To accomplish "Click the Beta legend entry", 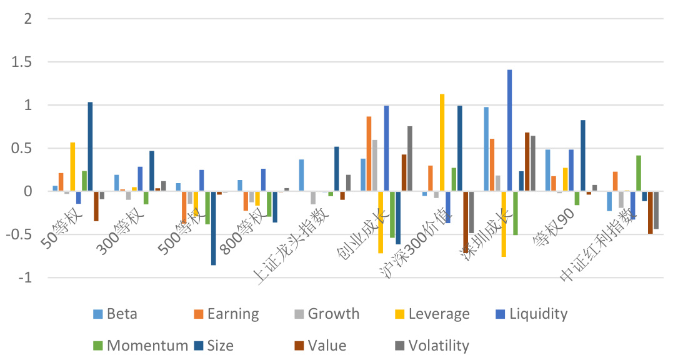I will [119, 314].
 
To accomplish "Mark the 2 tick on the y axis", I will [27, 19].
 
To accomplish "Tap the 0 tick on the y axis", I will [27, 192].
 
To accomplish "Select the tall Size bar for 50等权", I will [90, 147].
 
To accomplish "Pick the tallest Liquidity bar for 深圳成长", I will [509, 131].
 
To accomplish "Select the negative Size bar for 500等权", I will [213, 228].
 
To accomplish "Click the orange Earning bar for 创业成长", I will [369, 154].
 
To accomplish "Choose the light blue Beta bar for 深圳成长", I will [486, 149].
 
